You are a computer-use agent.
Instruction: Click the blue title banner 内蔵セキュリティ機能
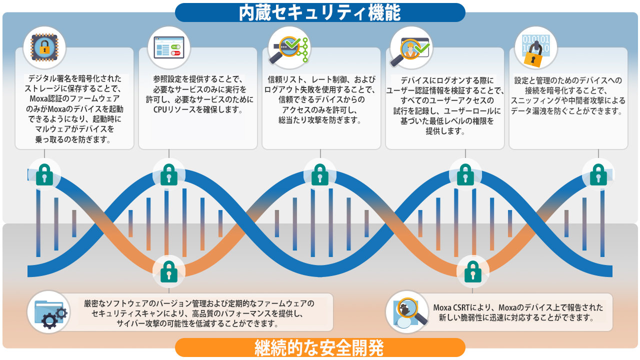[320, 12]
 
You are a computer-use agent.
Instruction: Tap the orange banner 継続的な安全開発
[320, 347]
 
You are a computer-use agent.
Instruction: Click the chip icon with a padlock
[44, 47]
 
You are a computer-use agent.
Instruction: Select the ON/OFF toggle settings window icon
[169, 47]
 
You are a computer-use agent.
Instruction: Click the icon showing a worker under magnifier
[410, 47]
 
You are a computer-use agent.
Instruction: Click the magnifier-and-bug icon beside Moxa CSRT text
[406, 311]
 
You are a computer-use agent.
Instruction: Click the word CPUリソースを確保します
[198, 110]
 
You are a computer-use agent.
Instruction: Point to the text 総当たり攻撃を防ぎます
[320, 120]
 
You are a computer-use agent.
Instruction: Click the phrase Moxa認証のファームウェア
[74, 98]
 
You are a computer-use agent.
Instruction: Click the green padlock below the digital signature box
[44, 174]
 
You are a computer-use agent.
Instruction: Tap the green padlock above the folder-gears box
[169, 271]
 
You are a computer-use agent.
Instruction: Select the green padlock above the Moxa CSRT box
[472, 271]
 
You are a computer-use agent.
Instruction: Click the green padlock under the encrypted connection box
[598, 174]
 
